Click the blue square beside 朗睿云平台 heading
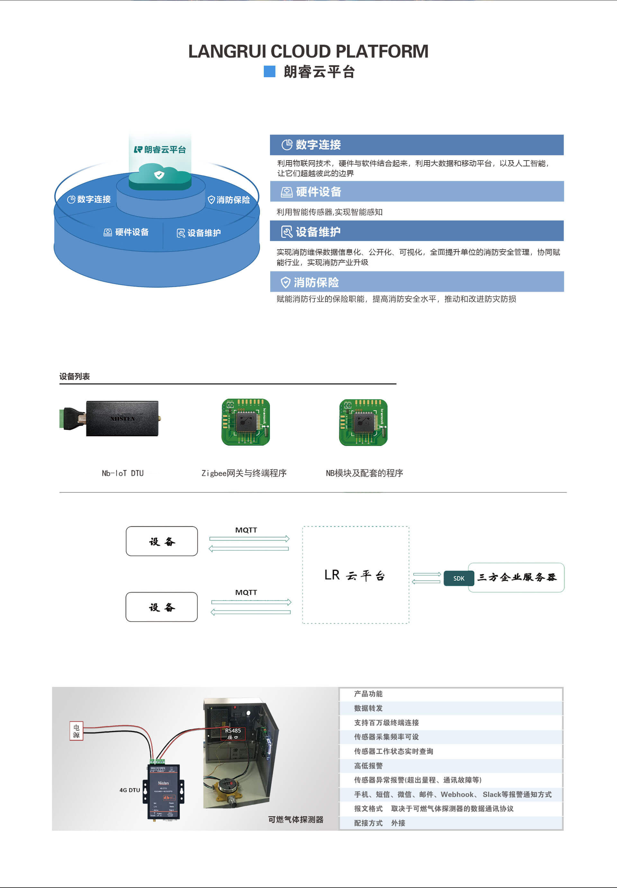pos(269,71)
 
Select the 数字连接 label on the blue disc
pos(89,199)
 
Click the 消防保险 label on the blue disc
pos(229,199)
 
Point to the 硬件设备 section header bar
pos(416,191)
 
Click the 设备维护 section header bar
pos(416,231)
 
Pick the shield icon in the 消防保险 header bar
pos(285,282)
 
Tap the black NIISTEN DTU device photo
pos(122,419)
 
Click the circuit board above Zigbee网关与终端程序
pos(245,422)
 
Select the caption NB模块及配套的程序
pos(364,473)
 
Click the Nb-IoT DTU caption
pos(122,473)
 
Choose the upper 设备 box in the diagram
pos(162,541)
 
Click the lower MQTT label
pos(246,592)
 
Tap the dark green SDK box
pos(459,578)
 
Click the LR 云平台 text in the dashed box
pos(355,575)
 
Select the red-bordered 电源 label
pos(76,731)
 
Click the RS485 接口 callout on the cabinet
pos(233,733)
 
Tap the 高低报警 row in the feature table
pos(450,765)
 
